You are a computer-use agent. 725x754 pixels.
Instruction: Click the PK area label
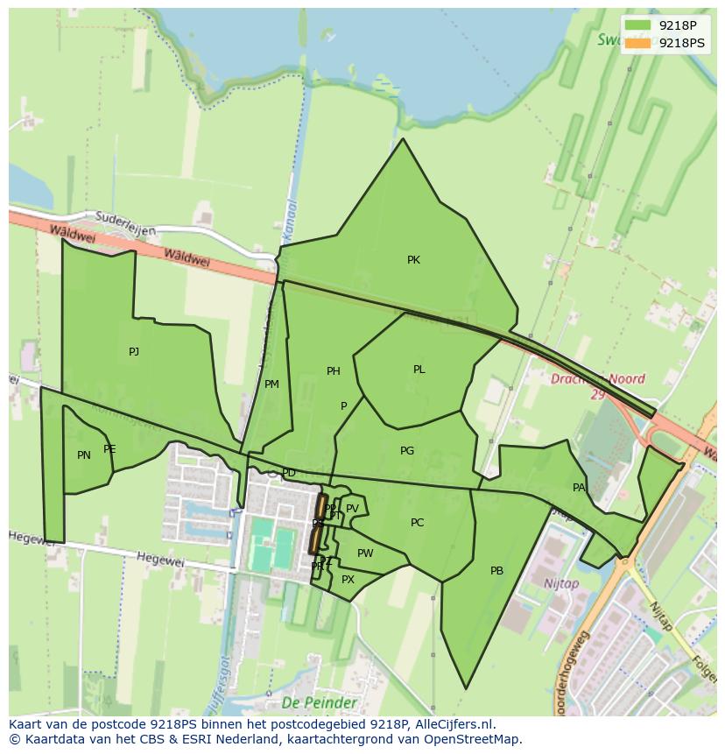(413, 260)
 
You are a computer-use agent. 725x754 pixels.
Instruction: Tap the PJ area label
(134, 352)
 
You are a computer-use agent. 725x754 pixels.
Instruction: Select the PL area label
(419, 370)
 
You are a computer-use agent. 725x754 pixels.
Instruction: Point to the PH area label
(333, 371)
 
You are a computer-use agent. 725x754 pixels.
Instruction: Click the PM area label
(271, 384)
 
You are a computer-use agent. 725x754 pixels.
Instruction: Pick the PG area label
(406, 451)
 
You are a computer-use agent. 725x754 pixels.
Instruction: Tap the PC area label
(417, 523)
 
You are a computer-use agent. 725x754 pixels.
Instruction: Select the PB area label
(496, 571)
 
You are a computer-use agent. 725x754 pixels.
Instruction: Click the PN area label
(84, 455)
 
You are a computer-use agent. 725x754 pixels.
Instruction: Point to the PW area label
(365, 553)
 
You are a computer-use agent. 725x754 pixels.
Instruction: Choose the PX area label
(348, 580)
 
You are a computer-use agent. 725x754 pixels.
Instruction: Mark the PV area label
(352, 509)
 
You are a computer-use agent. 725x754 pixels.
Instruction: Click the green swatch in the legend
(638, 25)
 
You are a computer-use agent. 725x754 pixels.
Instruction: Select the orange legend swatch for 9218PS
(638, 43)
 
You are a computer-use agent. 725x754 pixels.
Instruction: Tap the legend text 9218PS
(681, 43)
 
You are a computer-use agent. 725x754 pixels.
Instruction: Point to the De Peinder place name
(319, 703)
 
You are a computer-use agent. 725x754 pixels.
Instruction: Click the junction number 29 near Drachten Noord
(597, 395)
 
